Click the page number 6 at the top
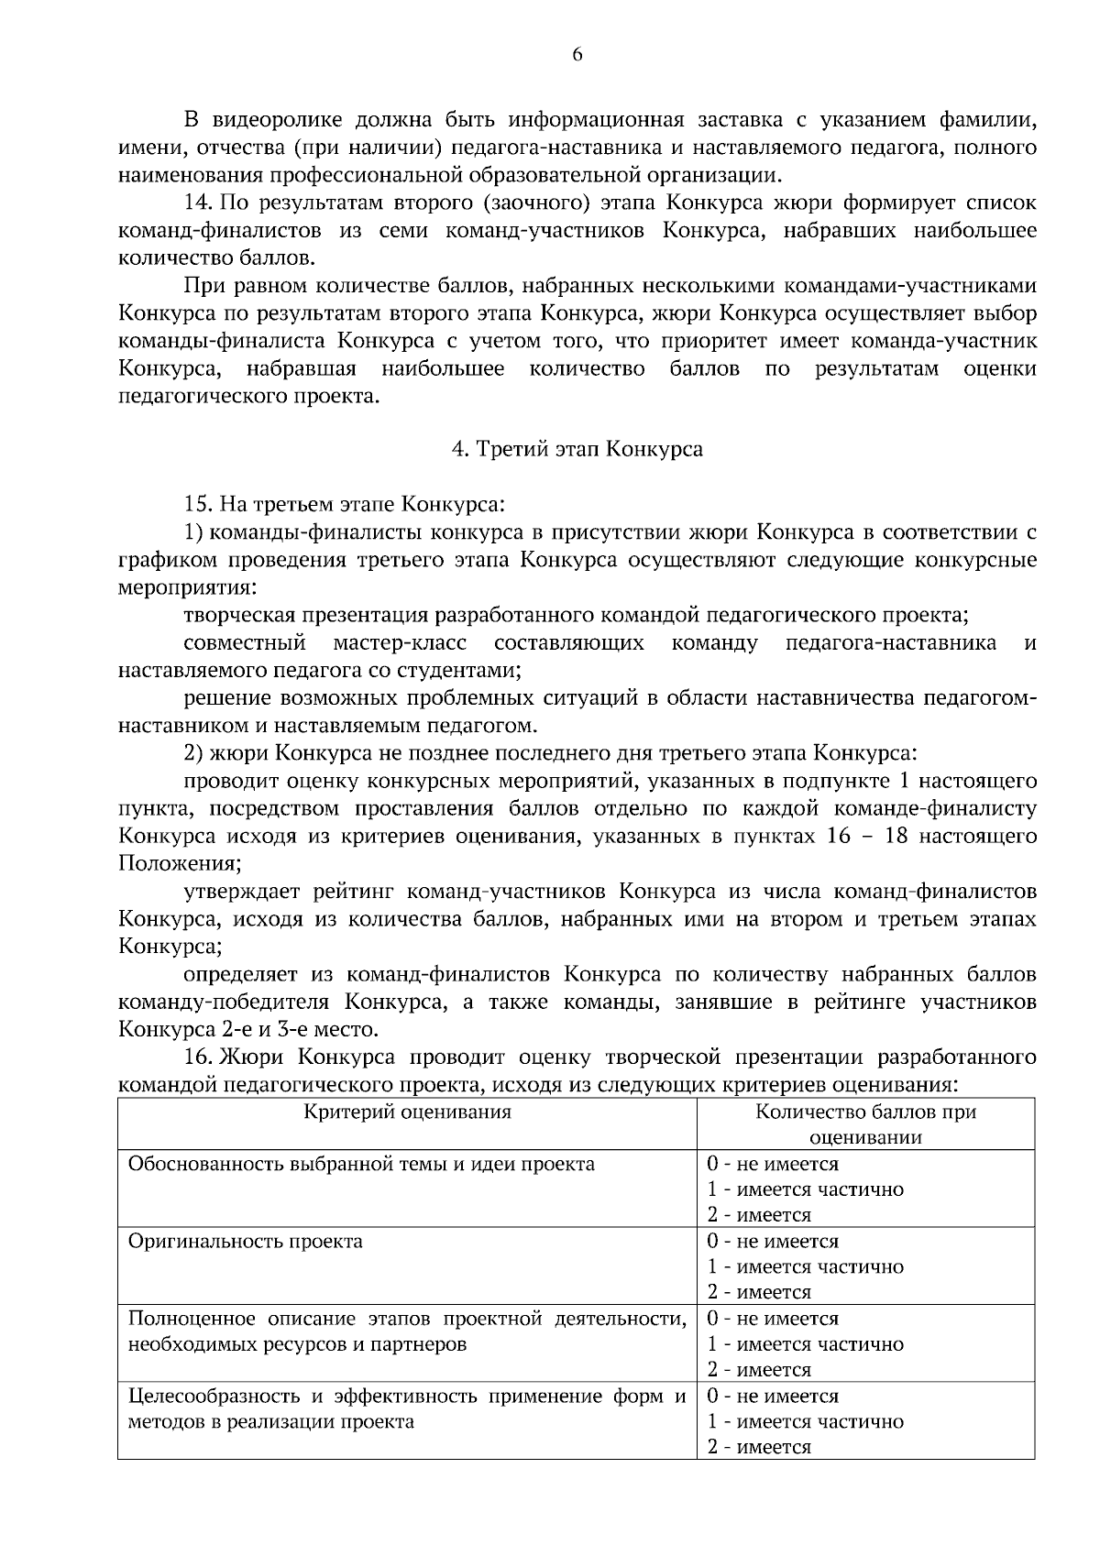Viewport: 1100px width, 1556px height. [x=577, y=55]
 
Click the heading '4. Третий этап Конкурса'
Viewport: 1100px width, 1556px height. [x=577, y=450]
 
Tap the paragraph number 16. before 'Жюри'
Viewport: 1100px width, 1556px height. [x=199, y=1057]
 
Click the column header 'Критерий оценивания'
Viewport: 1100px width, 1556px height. [x=407, y=1112]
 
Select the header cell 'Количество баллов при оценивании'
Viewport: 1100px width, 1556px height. [x=865, y=1124]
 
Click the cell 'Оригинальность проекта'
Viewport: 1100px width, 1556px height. [x=246, y=1242]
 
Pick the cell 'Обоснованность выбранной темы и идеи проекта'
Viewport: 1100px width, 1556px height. [x=361, y=1165]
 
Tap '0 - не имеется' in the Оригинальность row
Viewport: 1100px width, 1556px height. [x=772, y=1242]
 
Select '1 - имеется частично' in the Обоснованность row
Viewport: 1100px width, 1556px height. [x=805, y=1189]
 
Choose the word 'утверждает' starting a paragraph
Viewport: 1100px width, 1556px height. [x=236, y=892]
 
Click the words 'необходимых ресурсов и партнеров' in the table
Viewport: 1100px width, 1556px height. [x=296, y=1345]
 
